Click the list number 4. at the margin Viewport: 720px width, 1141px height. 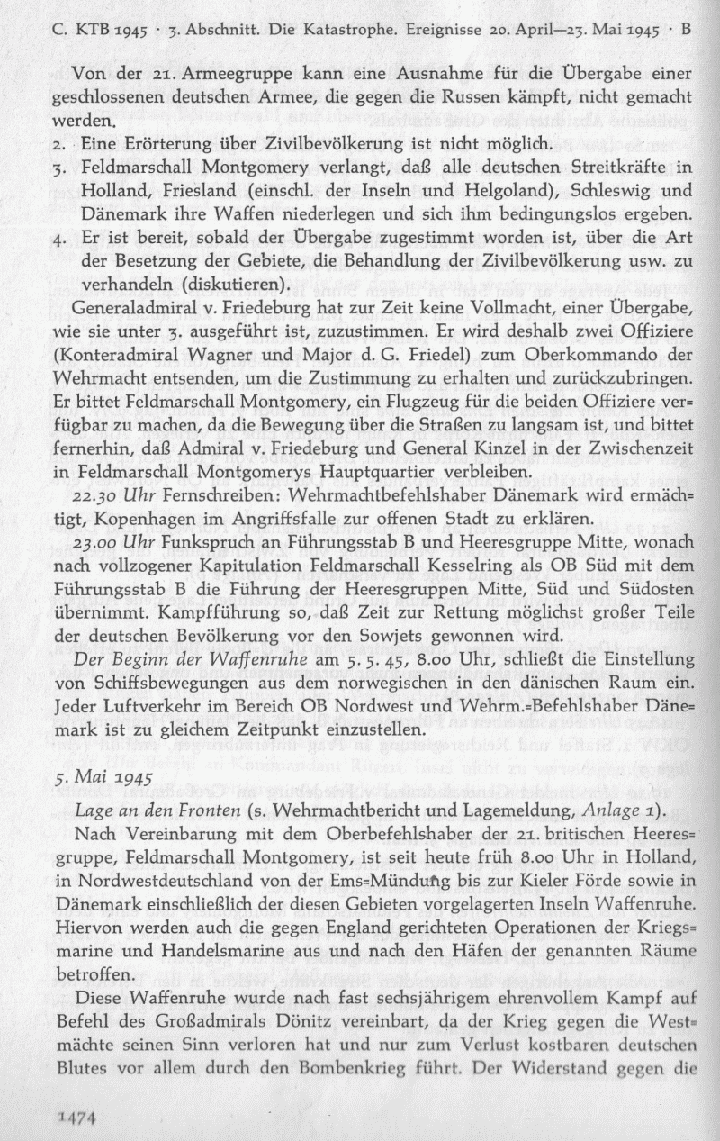(x=60, y=239)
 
